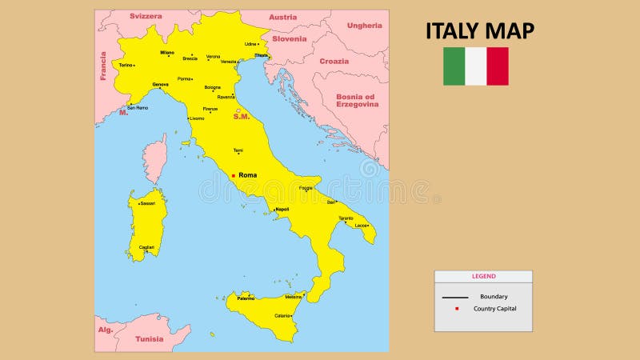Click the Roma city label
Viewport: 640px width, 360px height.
247,174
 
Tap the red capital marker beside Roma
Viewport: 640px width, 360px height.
233,175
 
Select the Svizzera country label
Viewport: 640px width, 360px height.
146,16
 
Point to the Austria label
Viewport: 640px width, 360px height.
282,17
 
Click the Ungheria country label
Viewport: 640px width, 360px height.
364,26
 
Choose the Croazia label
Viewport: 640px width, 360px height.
334,61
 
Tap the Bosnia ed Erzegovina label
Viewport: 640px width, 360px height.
357,100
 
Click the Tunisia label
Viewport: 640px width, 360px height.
149,338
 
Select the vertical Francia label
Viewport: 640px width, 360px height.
103,66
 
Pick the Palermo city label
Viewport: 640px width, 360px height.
246,298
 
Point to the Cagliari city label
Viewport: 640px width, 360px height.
146,247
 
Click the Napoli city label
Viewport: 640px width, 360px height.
282,209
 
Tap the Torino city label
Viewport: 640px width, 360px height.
126,65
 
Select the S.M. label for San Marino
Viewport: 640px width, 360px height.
242,117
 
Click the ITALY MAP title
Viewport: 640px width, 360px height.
480,30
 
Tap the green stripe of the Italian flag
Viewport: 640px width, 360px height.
454,66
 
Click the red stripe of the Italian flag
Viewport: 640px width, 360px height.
498,66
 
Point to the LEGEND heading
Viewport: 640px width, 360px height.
483,276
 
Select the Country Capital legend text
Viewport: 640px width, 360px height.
494,309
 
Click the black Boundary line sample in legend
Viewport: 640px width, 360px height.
455,297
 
